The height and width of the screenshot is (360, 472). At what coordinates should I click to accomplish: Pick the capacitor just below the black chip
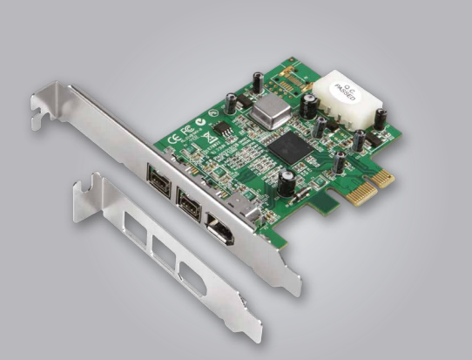pyautogui.click(x=285, y=182)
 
